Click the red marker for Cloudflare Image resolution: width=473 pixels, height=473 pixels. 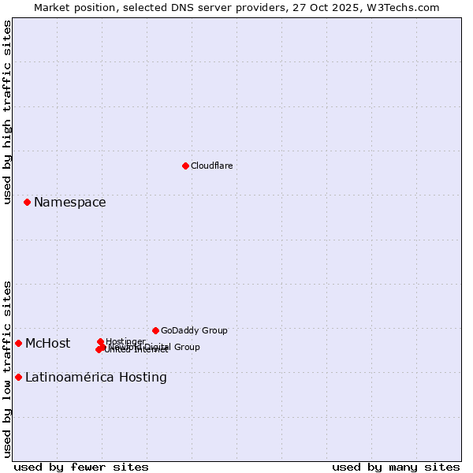[185, 166]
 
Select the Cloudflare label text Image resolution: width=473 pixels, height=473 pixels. [211, 166]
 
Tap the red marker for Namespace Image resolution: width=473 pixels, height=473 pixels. [27, 203]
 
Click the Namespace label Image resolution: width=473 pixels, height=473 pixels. [69, 203]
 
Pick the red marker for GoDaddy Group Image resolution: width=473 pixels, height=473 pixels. [155, 330]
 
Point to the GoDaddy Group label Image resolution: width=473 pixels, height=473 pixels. [194, 330]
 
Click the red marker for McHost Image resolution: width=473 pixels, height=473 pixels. [18, 343]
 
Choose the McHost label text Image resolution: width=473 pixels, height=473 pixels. [47, 343]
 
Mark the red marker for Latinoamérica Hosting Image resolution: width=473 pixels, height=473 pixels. [18, 377]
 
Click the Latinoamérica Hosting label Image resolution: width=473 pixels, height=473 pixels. [95, 377]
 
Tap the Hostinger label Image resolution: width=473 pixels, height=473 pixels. [125, 341]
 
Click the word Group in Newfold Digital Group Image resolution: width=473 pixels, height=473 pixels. [186, 347]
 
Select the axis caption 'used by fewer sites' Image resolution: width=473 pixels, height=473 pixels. [81, 467]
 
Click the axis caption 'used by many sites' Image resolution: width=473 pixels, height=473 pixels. [396, 467]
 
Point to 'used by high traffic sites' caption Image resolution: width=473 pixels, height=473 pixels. [7, 112]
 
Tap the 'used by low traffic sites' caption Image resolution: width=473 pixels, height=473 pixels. [7, 369]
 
